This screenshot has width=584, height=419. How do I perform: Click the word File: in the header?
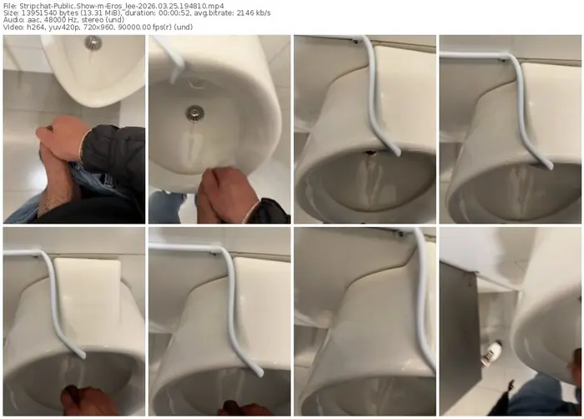pyautogui.click(x=9, y=6)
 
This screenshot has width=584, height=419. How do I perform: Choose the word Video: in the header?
pyautogui.click(x=13, y=27)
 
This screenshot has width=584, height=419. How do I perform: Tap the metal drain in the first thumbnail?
pyautogui.click(x=93, y=43)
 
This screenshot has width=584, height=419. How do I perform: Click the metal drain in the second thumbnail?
pyautogui.click(x=195, y=113)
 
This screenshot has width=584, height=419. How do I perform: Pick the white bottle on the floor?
pyautogui.click(x=491, y=354)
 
